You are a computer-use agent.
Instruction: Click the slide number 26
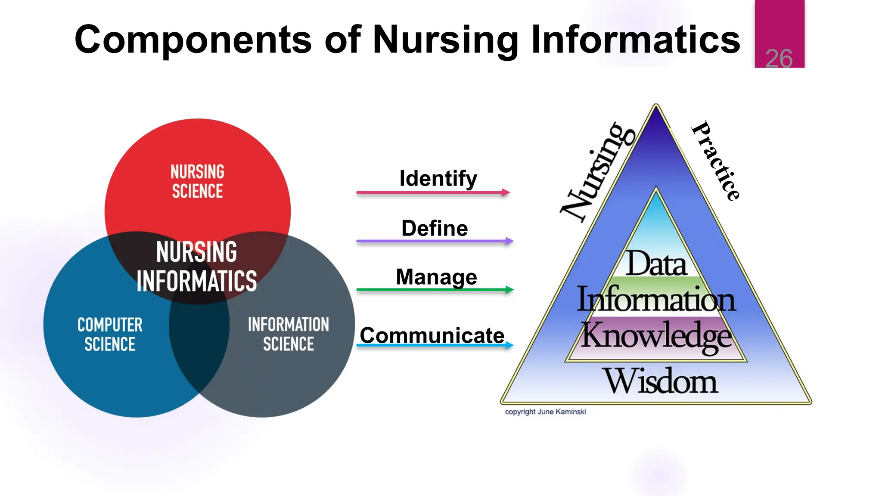(779, 59)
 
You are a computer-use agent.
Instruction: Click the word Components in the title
(193, 40)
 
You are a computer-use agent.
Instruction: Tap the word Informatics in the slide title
(635, 40)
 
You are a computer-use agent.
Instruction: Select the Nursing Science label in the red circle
(197, 181)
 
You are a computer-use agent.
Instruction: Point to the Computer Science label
(110, 334)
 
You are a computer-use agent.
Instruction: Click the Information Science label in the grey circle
(288, 334)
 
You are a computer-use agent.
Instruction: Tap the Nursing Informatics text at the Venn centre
(196, 266)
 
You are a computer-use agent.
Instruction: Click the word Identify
(438, 179)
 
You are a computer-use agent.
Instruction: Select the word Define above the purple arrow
(435, 228)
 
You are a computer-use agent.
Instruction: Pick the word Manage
(436, 277)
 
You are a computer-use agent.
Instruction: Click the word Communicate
(432, 335)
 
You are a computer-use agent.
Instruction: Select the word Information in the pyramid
(656, 299)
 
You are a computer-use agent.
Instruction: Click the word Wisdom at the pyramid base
(661, 381)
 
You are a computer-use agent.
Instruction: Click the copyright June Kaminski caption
(545, 412)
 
